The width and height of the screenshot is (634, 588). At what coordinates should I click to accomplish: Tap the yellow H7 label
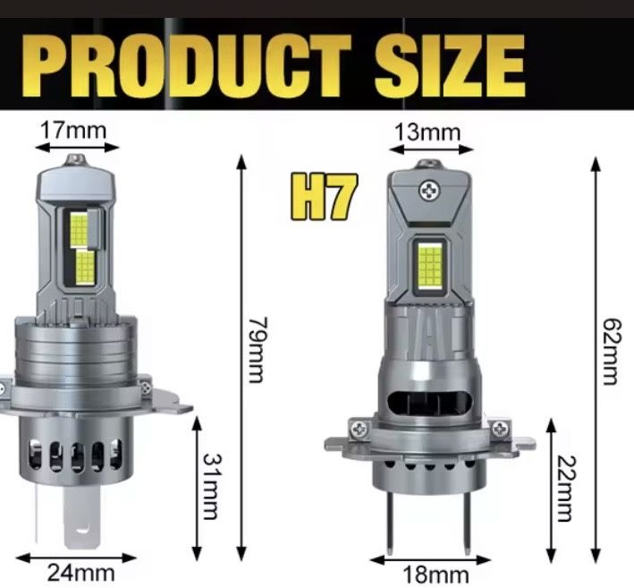point(322,199)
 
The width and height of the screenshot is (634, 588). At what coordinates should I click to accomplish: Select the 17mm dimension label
point(73,131)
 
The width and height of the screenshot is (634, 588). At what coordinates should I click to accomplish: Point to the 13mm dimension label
point(427,132)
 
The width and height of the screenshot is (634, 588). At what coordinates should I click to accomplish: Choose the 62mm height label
point(611,349)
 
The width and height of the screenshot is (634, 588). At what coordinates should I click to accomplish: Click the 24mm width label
point(80,570)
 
